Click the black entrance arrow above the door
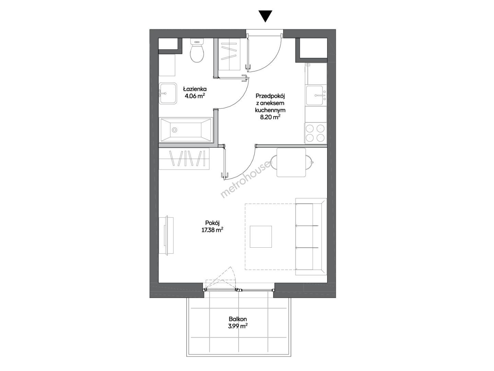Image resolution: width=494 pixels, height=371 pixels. pos(265,16)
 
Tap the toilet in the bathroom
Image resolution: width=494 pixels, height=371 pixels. pos(197,50)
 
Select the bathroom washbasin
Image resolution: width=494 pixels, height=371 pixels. pos(168,93)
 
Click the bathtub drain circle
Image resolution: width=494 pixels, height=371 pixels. pos(174,130)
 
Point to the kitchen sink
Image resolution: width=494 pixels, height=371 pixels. pos(316,95)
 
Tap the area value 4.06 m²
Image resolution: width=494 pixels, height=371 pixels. pos(195,96)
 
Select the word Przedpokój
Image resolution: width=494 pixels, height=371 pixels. pos(270,96)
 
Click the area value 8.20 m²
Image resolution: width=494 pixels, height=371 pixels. pos(270,117)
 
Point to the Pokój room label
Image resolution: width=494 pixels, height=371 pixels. pos(212,223)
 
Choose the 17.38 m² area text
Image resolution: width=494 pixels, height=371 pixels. pos(212,230)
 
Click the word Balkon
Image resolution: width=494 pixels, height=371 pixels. pos(238,319)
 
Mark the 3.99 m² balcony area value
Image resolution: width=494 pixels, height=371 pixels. pos(238,326)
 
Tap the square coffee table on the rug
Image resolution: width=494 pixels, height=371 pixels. pos(261,237)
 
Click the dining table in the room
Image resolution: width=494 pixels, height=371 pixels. pos(291,162)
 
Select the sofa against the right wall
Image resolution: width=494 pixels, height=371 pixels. pos(311,236)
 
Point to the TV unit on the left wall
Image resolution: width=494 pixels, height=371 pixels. pos(166,235)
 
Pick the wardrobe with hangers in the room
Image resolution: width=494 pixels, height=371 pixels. pos(184,158)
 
